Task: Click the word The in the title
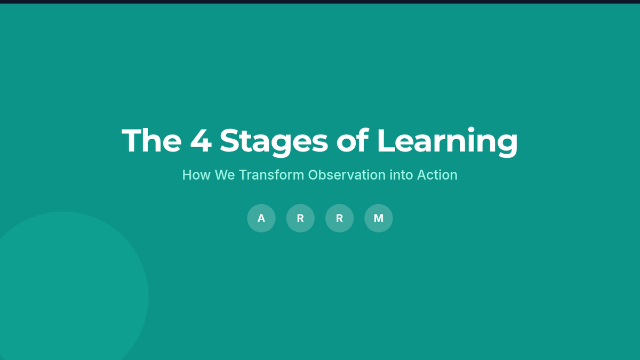pos(151,140)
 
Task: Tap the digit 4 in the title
pos(201,141)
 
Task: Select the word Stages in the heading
pos(274,142)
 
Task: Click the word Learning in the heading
pos(447,142)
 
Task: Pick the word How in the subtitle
pos(196,175)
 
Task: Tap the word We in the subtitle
pos(225,175)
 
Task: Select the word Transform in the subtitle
pos(271,175)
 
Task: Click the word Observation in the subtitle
pos(347,175)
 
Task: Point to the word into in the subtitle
pos(402,175)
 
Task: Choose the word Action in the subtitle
pos(437,175)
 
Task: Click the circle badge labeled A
pos(261,218)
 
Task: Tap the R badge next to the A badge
pos(300,218)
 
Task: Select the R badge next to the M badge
pos(339,218)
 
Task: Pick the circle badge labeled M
pos(379,218)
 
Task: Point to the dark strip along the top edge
pos(320,2)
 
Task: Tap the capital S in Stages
pos(229,140)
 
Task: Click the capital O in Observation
pos(314,175)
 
